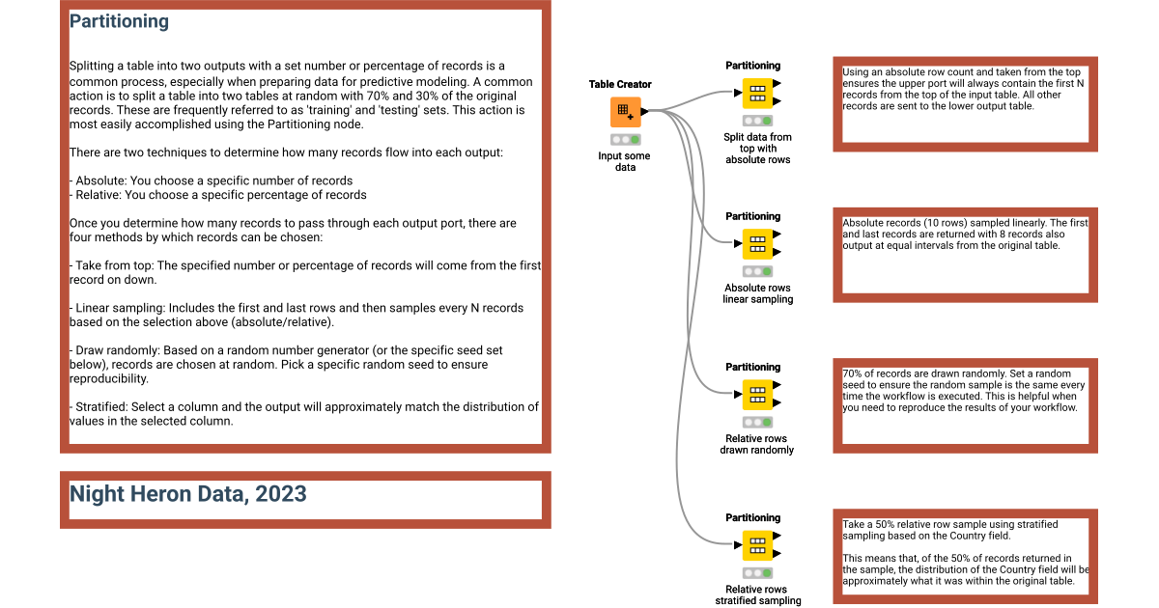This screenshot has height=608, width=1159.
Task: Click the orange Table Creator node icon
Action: [625, 111]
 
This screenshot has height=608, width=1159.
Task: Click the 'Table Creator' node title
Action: [620, 84]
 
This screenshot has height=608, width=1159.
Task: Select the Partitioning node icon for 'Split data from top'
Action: [757, 93]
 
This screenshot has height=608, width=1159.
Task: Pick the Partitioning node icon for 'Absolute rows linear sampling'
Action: [757, 243]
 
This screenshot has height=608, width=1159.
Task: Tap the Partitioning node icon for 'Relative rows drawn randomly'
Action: [757, 394]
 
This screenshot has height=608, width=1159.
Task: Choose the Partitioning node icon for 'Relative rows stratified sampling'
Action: [757, 544]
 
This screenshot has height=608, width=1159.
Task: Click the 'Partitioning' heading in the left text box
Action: [119, 21]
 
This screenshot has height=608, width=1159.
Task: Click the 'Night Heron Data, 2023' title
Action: [187, 494]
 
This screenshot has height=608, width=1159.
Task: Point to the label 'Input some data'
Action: [624, 161]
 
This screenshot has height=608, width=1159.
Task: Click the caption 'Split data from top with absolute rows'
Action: [758, 149]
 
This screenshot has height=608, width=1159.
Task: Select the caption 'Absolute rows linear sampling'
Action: [758, 293]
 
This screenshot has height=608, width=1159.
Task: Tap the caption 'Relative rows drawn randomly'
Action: [758, 444]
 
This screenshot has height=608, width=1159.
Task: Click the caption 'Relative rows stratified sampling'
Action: [758, 594]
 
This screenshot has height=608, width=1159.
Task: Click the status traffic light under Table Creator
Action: [625, 140]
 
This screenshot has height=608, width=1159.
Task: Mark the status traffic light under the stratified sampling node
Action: [757, 572]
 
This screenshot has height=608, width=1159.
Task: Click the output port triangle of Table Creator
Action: [644, 111]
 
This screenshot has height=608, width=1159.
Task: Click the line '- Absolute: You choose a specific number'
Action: [211, 180]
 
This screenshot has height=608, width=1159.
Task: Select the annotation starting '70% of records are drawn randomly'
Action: [964, 390]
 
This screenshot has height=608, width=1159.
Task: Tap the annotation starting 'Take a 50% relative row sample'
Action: [964, 553]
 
